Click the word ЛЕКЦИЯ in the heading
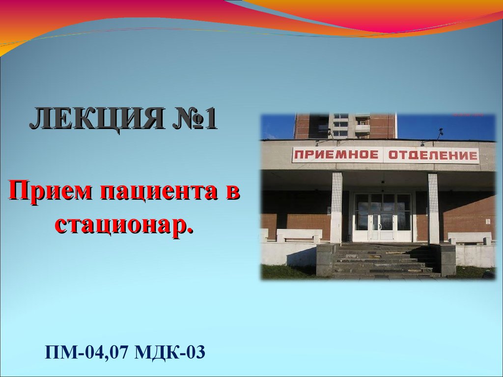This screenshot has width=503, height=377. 97,119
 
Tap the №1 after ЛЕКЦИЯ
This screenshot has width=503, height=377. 195,118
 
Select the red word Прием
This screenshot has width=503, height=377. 51,190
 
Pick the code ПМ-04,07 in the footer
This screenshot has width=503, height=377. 87,352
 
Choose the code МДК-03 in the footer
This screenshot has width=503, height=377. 170,352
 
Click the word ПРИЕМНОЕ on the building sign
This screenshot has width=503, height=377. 336,155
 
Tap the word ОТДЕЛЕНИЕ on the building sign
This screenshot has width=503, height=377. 433,156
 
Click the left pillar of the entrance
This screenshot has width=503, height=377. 336,208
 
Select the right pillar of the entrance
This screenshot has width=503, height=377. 433,208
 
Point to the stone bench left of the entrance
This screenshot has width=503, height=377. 299,235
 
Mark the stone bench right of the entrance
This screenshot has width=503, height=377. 470,238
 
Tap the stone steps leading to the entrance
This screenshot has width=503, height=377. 382,260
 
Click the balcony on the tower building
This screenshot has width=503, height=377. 362,128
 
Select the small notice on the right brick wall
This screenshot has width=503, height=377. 488,221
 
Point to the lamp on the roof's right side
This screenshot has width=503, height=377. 440,132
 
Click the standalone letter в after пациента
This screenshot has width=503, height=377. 231,192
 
